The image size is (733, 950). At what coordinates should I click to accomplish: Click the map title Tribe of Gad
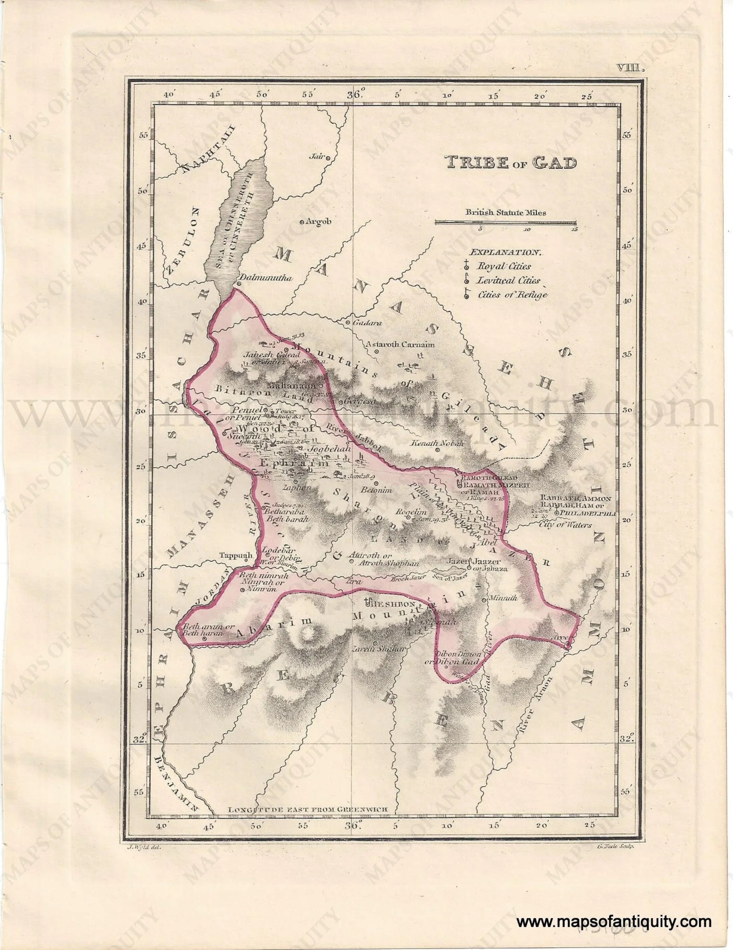point(510,163)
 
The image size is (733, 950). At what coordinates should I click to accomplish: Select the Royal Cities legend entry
point(503,266)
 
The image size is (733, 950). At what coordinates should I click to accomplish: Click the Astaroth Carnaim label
point(400,345)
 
